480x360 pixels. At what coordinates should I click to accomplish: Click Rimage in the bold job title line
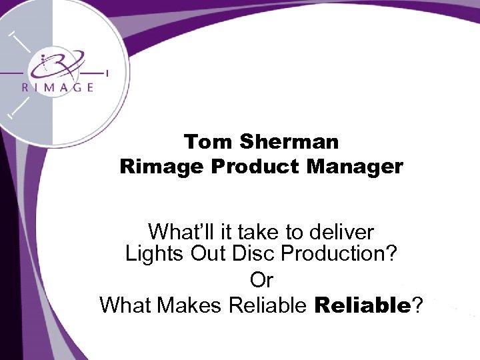pyautogui.click(x=161, y=166)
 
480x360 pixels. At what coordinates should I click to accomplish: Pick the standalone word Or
pyautogui.click(x=261, y=279)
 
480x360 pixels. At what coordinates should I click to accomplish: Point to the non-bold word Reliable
pyautogui.click(x=267, y=305)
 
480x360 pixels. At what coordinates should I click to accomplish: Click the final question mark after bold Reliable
pyautogui.click(x=417, y=305)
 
